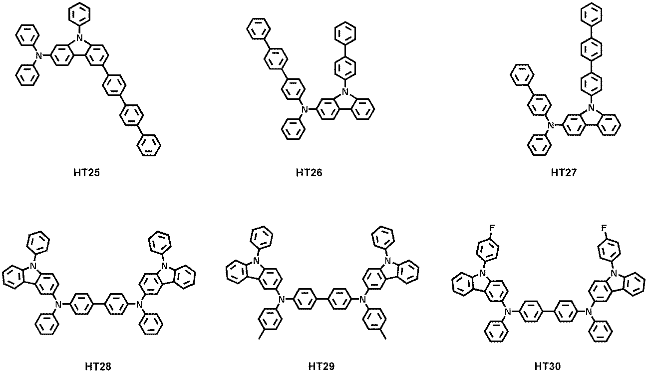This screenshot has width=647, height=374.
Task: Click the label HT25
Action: click(87, 173)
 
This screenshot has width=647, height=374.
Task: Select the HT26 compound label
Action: click(309, 173)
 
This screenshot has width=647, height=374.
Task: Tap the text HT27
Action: click(564, 173)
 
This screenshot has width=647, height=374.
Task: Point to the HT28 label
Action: click(98, 367)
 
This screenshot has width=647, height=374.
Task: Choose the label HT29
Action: click(322, 367)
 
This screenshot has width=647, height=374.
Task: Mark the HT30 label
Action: click(548, 367)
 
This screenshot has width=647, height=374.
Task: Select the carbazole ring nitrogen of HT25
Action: click(80, 37)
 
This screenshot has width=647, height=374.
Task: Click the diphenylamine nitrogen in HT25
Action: click(40, 55)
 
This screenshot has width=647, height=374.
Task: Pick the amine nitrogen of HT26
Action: click(304, 110)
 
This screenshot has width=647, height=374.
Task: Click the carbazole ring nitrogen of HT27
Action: click(592, 108)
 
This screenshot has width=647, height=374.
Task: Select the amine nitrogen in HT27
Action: click(551, 125)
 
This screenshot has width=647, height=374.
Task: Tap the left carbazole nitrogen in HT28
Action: click(34, 266)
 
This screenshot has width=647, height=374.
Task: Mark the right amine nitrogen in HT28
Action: click(140, 304)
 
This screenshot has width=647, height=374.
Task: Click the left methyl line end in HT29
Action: click(259, 339)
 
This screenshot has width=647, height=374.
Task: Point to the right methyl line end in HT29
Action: click(385, 339)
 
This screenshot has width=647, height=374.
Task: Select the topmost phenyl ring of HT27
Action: click(592, 13)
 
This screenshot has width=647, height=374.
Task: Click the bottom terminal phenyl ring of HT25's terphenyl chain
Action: click(149, 145)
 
